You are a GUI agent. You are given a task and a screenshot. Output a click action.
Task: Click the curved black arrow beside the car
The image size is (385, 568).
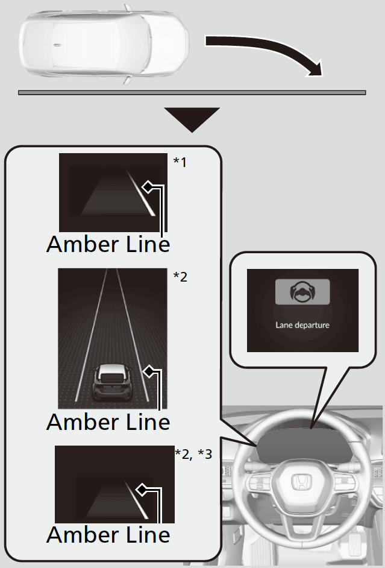(271, 51)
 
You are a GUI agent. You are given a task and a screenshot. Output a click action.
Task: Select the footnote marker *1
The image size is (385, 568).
(180, 162)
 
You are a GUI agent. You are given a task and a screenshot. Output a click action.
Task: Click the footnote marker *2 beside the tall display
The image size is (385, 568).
(180, 277)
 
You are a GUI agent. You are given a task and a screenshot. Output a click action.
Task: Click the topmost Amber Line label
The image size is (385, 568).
(108, 244)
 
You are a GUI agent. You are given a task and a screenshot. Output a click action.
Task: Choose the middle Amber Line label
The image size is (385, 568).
(108, 421)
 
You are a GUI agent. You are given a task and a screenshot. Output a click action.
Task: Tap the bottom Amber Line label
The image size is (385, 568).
(108, 534)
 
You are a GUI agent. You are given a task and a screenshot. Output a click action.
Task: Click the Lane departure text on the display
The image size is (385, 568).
(302, 324)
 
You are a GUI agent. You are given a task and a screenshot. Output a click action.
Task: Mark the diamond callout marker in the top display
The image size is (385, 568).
(146, 187)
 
